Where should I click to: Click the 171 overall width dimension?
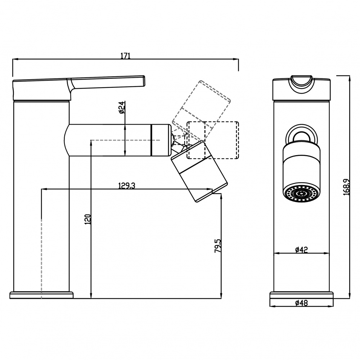point(126,56)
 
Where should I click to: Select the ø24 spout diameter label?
point(122,107)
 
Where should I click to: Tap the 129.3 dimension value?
point(127,185)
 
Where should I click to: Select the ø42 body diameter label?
point(301,249)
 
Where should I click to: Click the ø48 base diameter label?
point(301,303)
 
